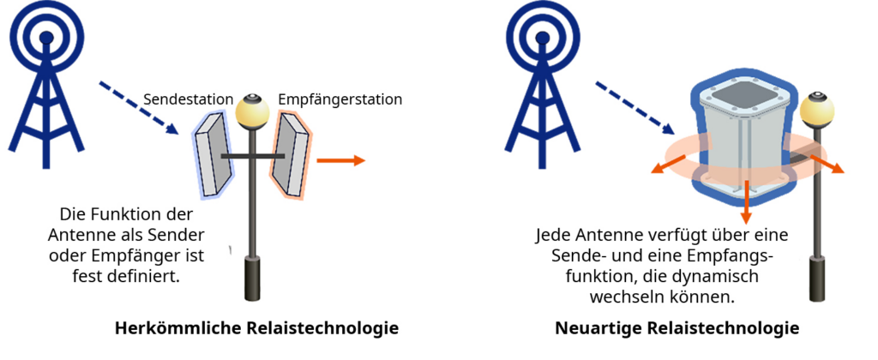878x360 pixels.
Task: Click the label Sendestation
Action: pyautogui.click(x=188, y=99)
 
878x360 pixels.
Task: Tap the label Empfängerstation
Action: pyautogui.click(x=340, y=99)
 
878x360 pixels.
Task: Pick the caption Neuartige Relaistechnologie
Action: pyautogui.click(x=677, y=328)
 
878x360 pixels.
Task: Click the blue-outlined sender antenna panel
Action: pyautogui.click(x=213, y=154)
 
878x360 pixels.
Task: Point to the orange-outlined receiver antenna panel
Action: pyautogui.click(x=291, y=154)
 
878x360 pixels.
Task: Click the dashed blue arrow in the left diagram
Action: pyautogui.click(x=136, y=108)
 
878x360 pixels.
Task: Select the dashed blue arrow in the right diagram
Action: pyautogui.click(x=634, y=106)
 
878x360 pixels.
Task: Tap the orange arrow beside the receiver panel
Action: pyautogui.click(x=341, y=160)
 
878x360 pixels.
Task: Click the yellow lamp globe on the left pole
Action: pyautogui.click(x=252, y=109)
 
